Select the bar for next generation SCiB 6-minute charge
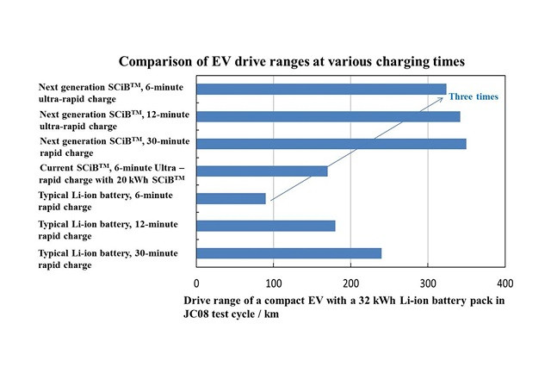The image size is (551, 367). click(321, 89)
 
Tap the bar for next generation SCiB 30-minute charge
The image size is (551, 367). click(331, 143)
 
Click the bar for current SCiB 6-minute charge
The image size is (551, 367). click(262, 171)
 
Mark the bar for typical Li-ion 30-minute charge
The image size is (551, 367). click(288, 253)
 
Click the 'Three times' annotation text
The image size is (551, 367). click(474, 97)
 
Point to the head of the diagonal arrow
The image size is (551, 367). click(443, 98)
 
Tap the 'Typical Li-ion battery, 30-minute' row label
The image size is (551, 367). click(108, 258)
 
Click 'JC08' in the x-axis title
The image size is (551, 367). click(200, 314)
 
